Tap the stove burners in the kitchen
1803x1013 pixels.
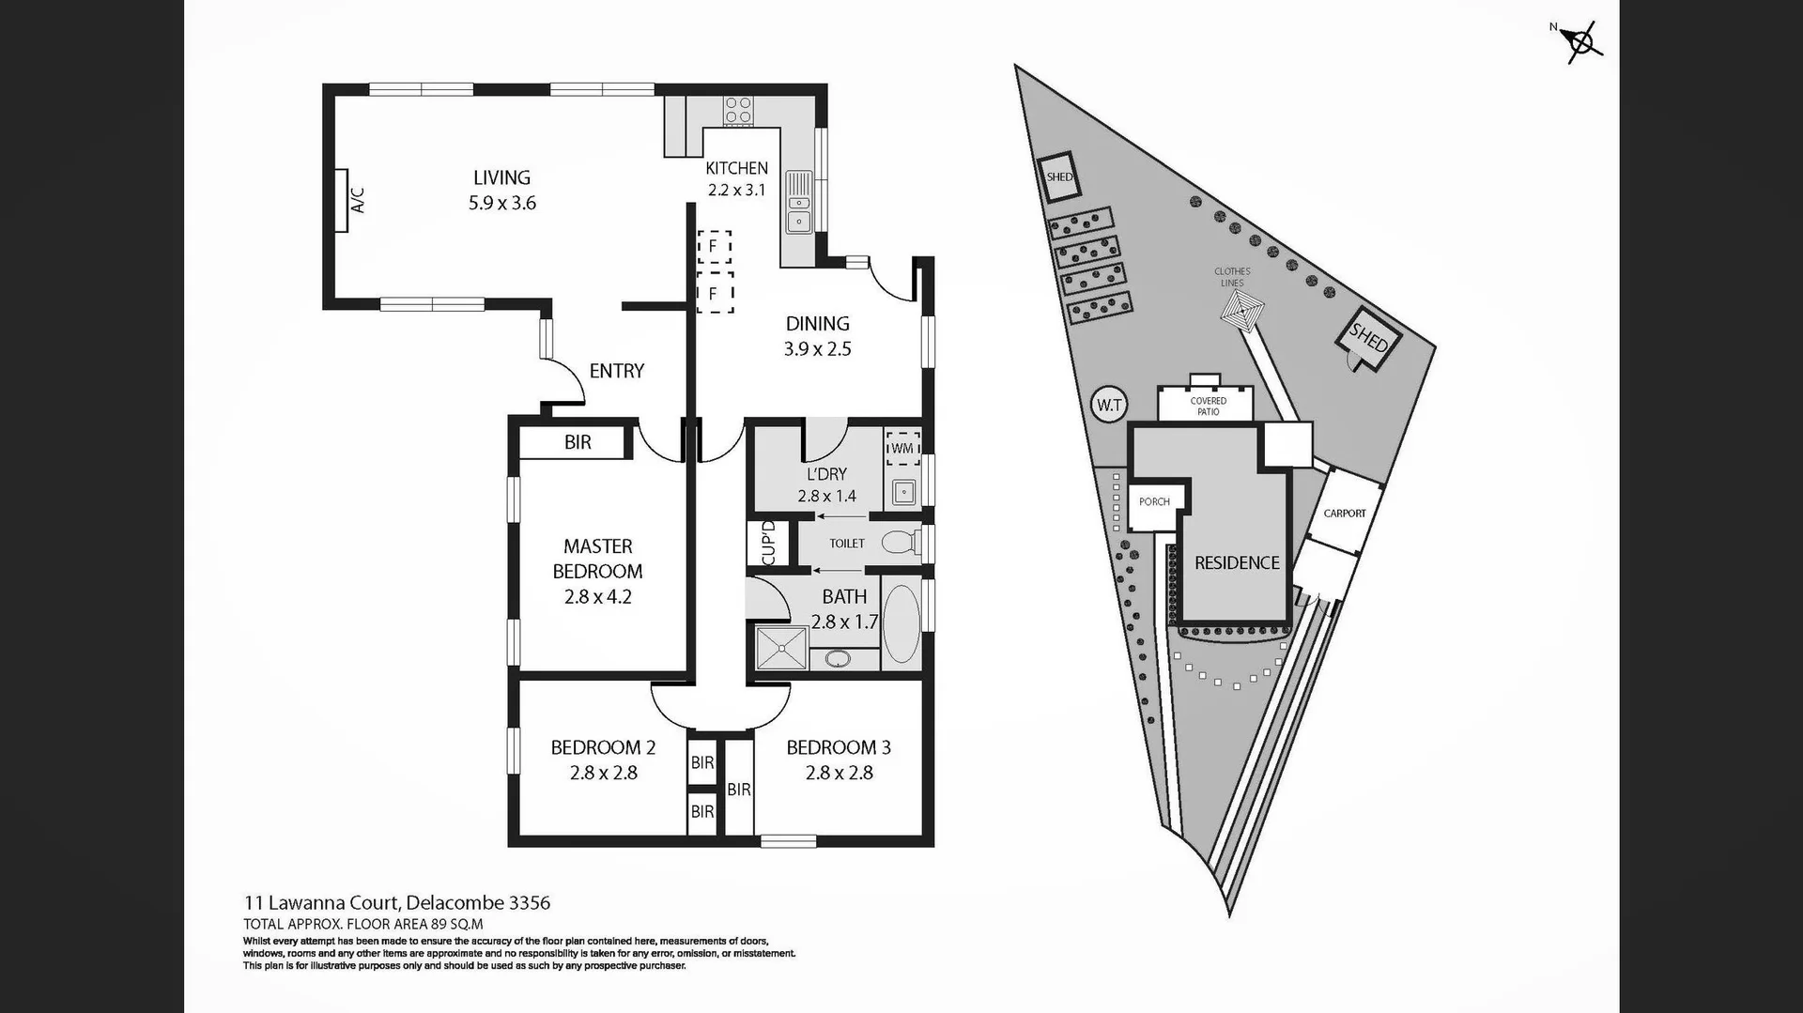click(x=737, y=111)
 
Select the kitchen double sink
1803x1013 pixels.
click(x=799, y=202)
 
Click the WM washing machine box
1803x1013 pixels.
click(x=902, y=448)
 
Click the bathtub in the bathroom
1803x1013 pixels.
click(x=901, y=624)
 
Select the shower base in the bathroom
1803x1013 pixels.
click(x=781, y=648)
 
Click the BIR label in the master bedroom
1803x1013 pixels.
click(x=578, y=442)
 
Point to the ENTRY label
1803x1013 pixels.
click(x=616, y=371)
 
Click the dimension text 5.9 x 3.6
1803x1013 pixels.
click(x=502, y=203)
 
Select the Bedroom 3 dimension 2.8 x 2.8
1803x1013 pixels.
click(x=839, y=773)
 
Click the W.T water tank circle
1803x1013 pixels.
click(x=1109, y=406)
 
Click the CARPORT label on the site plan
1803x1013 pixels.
click(x=1344, y=514)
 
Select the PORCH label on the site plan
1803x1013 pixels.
click(x=1154, y=502)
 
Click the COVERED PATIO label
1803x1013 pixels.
click(x=1208, y=407)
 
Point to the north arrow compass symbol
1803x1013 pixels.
click(x=1582, y=41)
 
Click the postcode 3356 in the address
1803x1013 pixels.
click(x=529, y=903)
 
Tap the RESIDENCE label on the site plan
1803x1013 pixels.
click(x=1237, y=562)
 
